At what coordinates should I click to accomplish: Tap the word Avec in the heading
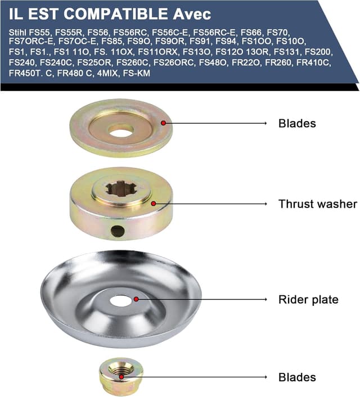pyautogui.click(x=192, y=14)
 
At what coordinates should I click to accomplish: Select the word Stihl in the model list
pyautogui.click(x=18, y=33)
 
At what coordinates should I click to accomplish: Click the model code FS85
pyautogui.click(x=112, y=41)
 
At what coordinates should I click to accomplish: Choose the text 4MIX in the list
pyautogui.click(x=107, y=73)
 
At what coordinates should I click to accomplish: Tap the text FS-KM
pyautogui.click(x=137, y=73)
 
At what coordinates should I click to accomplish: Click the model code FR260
pyautogui.click(x=278, y=62)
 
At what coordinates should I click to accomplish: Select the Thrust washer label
pyautogui.click(x=318, y=204)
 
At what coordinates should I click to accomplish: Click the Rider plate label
pyautogui.click(x=308, y=300)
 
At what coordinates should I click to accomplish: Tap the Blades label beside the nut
pyautogui.click(x=297, y=377)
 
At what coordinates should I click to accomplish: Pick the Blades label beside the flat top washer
pyautogui.click(x=297, y=123)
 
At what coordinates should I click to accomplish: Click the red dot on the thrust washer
pyautogui.click(x=153, y=204)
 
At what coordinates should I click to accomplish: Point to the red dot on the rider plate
pyautogui.click(x=136, y=299)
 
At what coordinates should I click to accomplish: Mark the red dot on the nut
pyautogui.click(x=121, y=377)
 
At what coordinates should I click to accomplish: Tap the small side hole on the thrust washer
pyautogui.click(x=118, y=231)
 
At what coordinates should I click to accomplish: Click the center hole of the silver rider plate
pyautogui.click(x=120, y=300)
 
